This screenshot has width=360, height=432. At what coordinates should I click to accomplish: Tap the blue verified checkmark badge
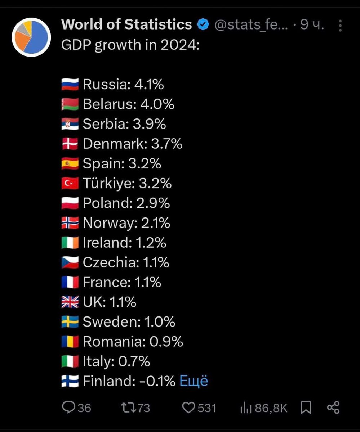[203, 24]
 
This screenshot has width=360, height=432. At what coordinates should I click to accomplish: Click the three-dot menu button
[340, 26]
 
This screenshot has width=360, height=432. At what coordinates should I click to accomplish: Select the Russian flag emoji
[70, 85]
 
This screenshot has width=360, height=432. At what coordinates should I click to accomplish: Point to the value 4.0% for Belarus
[157, 104]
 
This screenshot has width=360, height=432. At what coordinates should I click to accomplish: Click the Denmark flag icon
[70, 144]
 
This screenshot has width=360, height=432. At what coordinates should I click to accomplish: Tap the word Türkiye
[108, 184]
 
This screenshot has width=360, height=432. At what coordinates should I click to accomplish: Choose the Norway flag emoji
[70, 223]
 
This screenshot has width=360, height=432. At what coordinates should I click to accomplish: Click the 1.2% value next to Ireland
[151, 243]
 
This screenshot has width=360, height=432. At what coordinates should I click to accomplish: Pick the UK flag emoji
[70, 302]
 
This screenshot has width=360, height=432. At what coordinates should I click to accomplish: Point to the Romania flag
[70, 342]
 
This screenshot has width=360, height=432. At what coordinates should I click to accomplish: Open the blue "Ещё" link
[194, 381]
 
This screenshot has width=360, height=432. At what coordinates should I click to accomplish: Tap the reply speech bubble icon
[68, 408]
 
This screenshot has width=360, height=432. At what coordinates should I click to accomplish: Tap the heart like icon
[188, 408]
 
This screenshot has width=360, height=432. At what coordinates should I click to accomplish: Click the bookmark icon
[306, 408]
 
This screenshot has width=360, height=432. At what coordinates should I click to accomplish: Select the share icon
[333, 408]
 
